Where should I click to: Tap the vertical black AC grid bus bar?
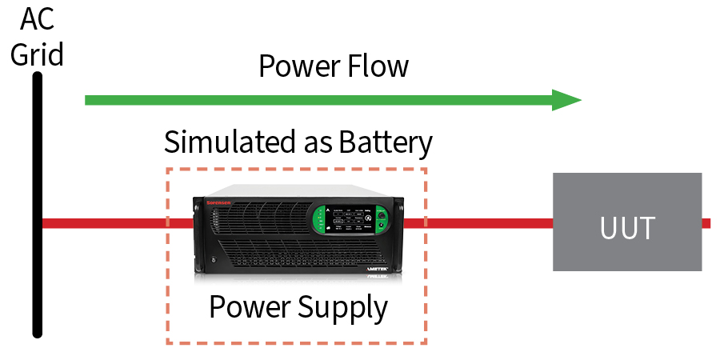37,240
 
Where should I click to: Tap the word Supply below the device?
346,307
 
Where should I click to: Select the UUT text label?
627,228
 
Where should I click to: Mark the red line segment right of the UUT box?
706,223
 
